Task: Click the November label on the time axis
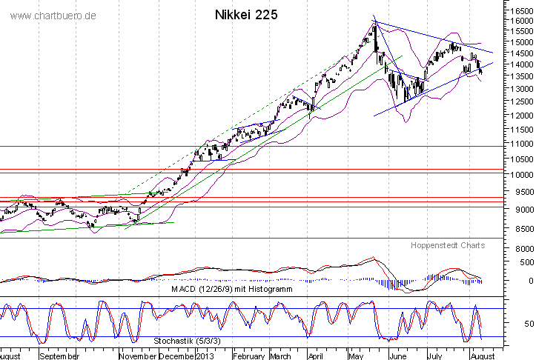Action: pyautogui.click(x=136, y=356)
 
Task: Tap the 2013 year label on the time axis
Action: pyautogui.click(x=204, y=356)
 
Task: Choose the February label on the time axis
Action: pyautogui.click(x=249, y=356)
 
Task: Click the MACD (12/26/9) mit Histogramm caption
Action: pyautogui.click(x=231, y=290)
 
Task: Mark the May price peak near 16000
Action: pyautogui.click(x=374, y=24)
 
